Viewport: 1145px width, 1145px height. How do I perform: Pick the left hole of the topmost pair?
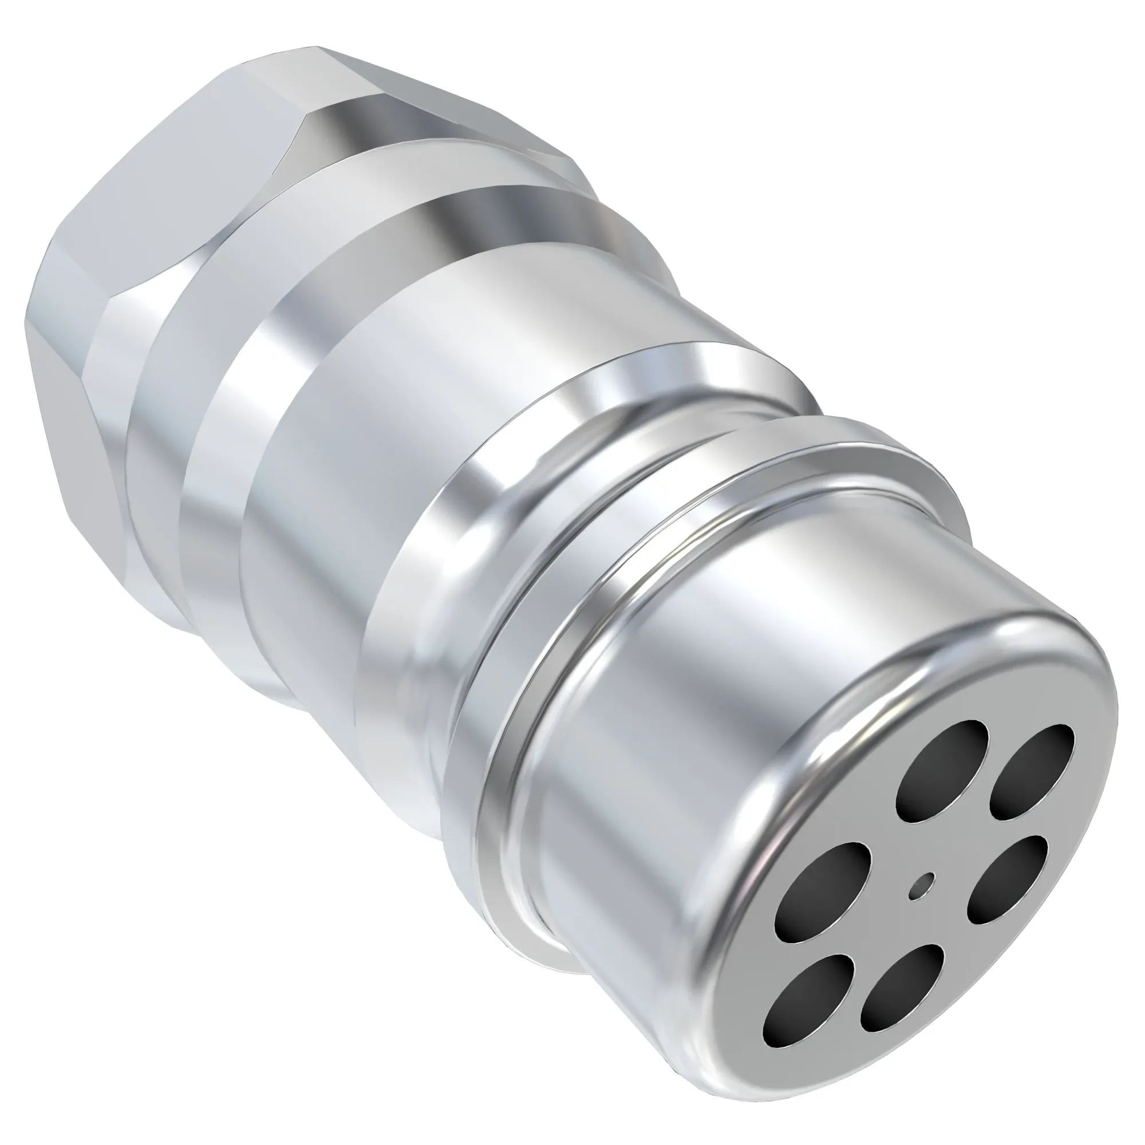pyautogui.click(x=942, y=771)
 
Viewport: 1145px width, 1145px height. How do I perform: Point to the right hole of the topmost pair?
pyautogui.click(x=1030, y=771)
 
